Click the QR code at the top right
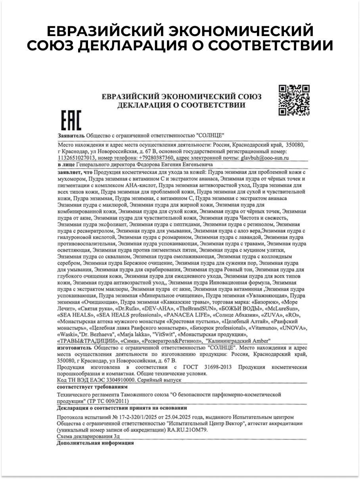(294, 100)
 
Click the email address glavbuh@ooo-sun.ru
(264, 157)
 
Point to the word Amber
(260, 341)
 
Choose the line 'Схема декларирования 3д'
(88, 436)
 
